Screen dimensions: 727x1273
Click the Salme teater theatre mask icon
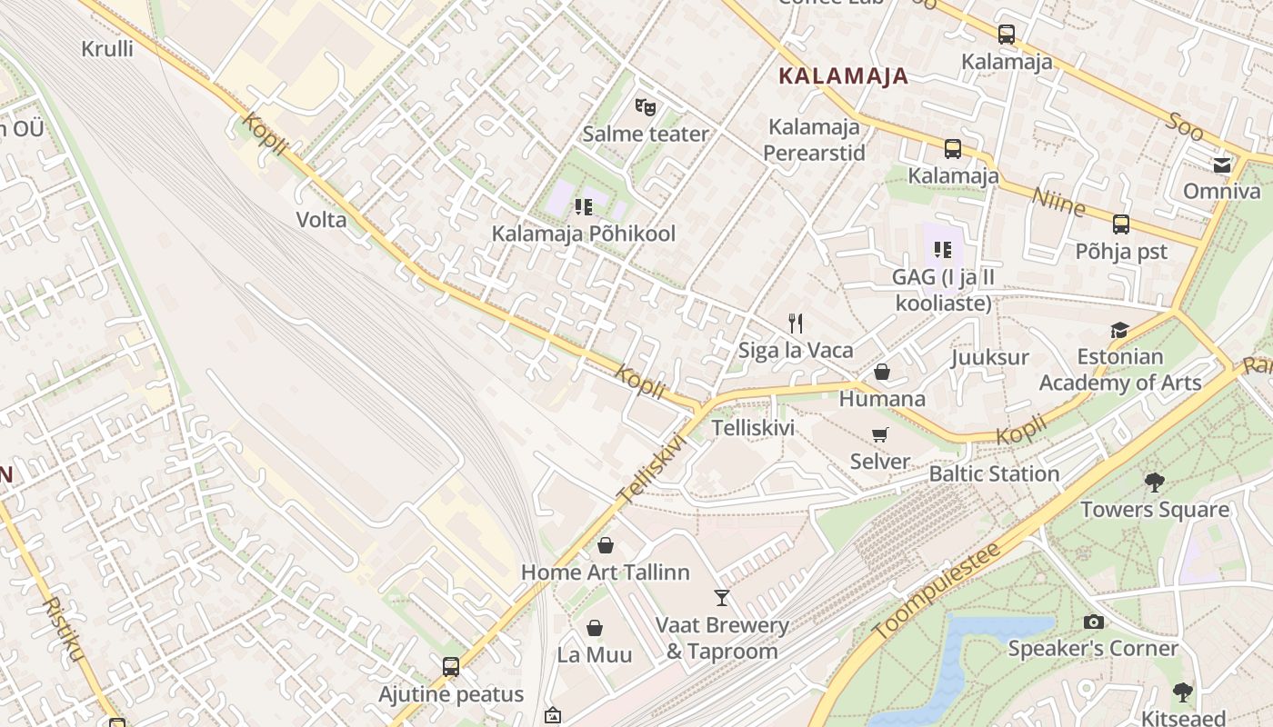tap(646, 107)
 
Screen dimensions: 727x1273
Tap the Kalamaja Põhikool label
tap(583, 234)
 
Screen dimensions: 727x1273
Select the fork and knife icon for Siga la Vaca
tap(796, 323)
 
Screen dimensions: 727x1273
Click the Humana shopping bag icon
tap(881, 372)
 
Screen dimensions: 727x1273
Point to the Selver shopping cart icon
tap(879, 434)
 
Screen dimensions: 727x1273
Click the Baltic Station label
tap(994, 473)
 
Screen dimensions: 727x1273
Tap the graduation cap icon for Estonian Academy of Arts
tap(1119, 330)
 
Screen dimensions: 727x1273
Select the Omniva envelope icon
tap(1221, 164)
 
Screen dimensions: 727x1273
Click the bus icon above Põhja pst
tap(1120, 224)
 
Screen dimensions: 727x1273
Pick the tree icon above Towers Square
tap(1155, 483)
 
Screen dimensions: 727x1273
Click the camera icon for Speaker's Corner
tap(1093, 622)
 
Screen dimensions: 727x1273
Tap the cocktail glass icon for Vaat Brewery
tap(722, 598)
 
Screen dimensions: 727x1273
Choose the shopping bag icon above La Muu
tap(595, 628)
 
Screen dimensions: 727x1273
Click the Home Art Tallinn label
tap(605, 573)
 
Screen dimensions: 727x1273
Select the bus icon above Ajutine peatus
tap(451, 667)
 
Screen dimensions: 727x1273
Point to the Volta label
tap(321, 219)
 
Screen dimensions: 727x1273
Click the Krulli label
tap(107, 49)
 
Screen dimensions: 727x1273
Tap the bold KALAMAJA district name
tap(844, 76)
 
